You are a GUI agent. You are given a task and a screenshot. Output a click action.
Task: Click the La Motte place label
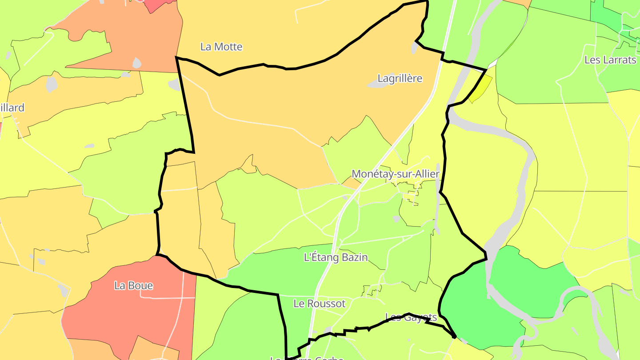tap(221, 47)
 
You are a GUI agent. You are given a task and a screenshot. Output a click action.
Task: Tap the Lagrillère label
tap(400, 79)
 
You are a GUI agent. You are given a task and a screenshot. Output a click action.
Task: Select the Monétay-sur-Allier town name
tap(395, 174)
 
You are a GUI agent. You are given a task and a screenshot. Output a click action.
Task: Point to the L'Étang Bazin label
tap(336, 257)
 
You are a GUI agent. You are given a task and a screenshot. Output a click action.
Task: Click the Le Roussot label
tap(319, 304)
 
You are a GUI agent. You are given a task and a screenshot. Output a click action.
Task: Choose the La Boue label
tap(133, 286)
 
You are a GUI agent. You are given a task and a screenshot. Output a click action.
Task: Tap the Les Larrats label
tap(610, 60)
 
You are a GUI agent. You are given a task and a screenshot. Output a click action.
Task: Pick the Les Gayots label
tap(411, 317)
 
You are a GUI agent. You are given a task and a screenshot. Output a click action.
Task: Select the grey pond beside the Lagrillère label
tap(376, 84)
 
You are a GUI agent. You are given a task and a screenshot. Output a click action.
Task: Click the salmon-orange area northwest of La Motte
tap(133, 36)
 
